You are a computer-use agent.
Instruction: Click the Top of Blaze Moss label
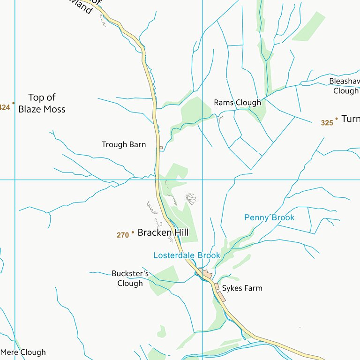[x=42, y=103]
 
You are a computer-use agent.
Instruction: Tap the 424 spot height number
[x=4, y=107]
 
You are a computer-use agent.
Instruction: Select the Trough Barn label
[x=124, y=145]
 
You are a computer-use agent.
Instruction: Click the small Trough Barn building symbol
[x=161, y=148]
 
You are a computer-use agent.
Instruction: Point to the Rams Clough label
[x=237, y=103]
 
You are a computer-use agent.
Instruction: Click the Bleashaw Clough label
[x=345, y=86]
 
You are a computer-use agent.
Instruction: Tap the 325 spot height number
[x=327, y=123]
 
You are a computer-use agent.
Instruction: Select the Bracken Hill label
[x=163, y=232]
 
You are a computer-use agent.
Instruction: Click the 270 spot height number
[x=123, y=235]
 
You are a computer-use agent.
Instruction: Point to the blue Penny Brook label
[x=269, y=217]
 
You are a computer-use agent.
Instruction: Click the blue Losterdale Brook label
[x=187, y=255]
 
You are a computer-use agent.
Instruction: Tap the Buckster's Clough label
[x=130, y=278]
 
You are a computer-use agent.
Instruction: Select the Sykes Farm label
[x=242, y=288]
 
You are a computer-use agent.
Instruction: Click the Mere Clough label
[x=23, y=352]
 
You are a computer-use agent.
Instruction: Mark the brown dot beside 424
[x=14, y=103]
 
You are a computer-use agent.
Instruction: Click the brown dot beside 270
[x=133, y=232]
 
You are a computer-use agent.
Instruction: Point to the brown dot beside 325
[x=336, y=119]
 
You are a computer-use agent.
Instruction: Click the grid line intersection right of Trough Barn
[x=202, y=180]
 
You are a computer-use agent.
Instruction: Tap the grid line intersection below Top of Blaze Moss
[x=15, y=180]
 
